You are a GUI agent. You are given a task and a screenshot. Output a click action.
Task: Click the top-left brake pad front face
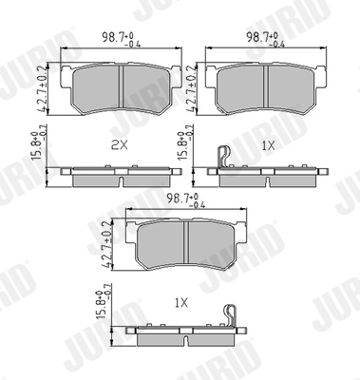tap(114, 86)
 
